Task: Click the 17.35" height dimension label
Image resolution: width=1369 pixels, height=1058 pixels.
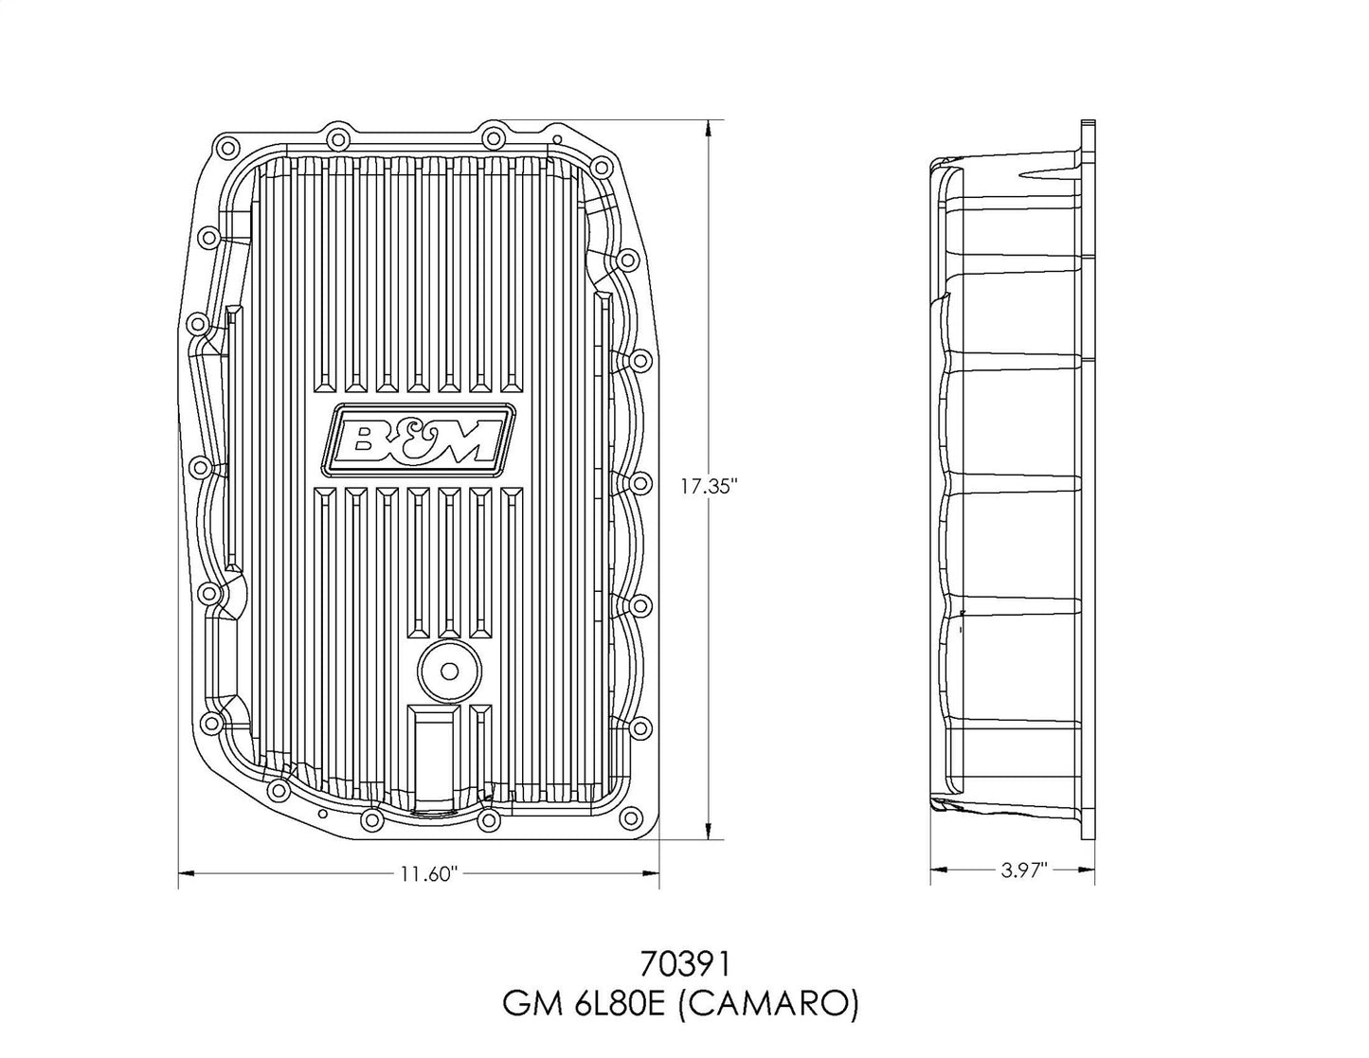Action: click(709, 486)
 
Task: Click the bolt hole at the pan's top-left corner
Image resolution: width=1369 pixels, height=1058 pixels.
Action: click(225, 150)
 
